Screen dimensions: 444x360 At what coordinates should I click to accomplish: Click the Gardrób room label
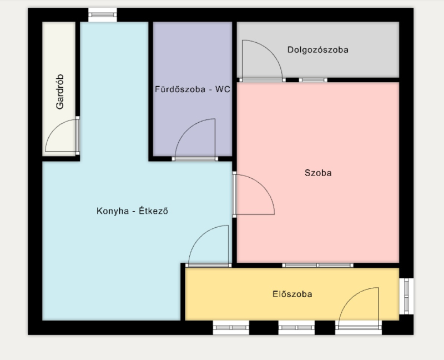(60, 92)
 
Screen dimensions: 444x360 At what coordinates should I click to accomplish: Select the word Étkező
(153, 211)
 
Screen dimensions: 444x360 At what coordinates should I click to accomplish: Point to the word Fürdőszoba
(180, 89)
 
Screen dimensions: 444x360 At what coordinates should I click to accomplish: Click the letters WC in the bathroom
(223, 89)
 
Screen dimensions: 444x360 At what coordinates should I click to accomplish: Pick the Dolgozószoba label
(317, 50)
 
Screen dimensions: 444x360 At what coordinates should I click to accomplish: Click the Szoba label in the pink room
(318, 173)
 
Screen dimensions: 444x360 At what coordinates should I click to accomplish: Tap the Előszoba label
(292, 294)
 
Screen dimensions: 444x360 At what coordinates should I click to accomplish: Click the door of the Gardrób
(62, 136)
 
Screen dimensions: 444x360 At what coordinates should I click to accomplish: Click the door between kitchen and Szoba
(254, 194)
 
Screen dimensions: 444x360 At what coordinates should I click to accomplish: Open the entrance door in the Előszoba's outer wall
(359, 308)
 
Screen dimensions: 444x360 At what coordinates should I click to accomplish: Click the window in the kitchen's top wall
(103, 15)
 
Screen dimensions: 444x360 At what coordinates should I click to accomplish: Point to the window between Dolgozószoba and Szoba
(313, 80)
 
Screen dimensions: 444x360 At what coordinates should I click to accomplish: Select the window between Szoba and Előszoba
(317, 266)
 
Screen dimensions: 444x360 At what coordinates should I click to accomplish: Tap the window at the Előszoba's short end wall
(407, 296)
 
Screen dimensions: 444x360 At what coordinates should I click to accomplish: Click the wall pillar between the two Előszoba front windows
(264, 328)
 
